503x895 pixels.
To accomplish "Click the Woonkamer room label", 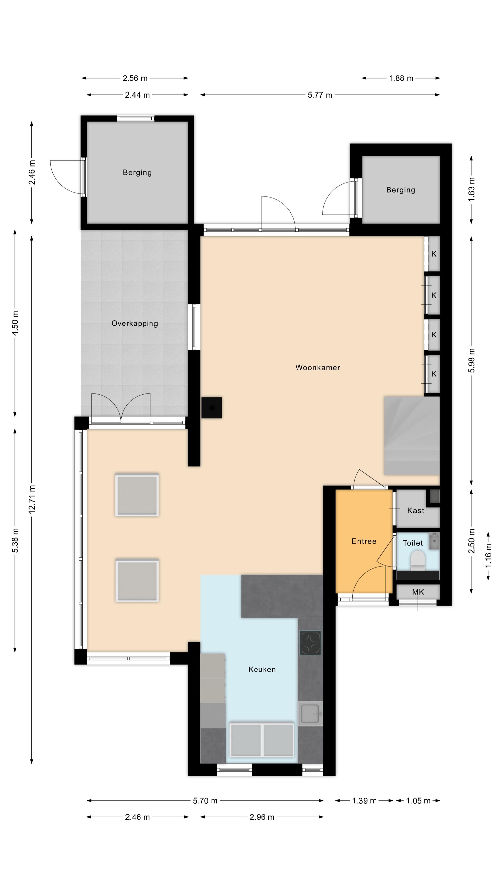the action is [x=318, y=368].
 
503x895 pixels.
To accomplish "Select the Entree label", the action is [x=364, y=541].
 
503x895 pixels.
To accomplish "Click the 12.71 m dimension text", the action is [x=32, y=499].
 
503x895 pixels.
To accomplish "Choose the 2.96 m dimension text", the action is [x=262, y=817].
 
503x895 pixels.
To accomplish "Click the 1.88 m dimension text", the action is [x=401, y=78].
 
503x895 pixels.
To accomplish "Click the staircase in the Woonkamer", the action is [x=412, y=436].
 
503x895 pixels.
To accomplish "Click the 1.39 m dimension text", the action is [x=364, y=801].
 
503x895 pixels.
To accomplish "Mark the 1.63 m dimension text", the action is [x=471, y=189].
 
